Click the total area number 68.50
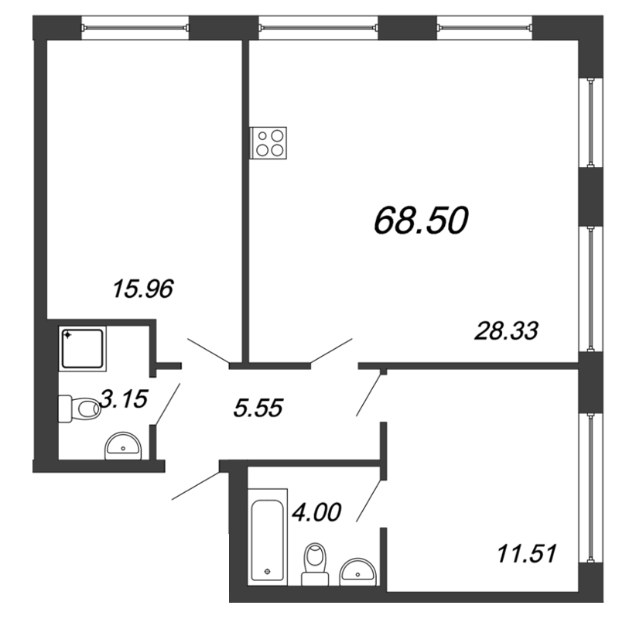421,221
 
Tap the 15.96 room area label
143,288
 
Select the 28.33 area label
507,330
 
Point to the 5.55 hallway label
258,408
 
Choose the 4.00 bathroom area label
316,512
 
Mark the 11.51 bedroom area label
527,553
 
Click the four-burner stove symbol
268,143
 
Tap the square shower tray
83,349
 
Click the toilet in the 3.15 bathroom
80,409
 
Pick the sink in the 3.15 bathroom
123,446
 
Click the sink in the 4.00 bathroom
358,571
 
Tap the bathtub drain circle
267,571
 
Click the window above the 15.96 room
135,28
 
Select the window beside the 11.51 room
591,488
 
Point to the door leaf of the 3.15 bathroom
168,404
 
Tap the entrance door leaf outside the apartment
196,486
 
